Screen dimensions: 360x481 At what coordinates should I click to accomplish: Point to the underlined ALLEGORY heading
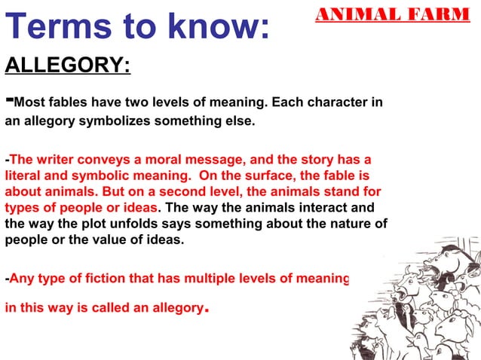(x=68, y=66)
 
